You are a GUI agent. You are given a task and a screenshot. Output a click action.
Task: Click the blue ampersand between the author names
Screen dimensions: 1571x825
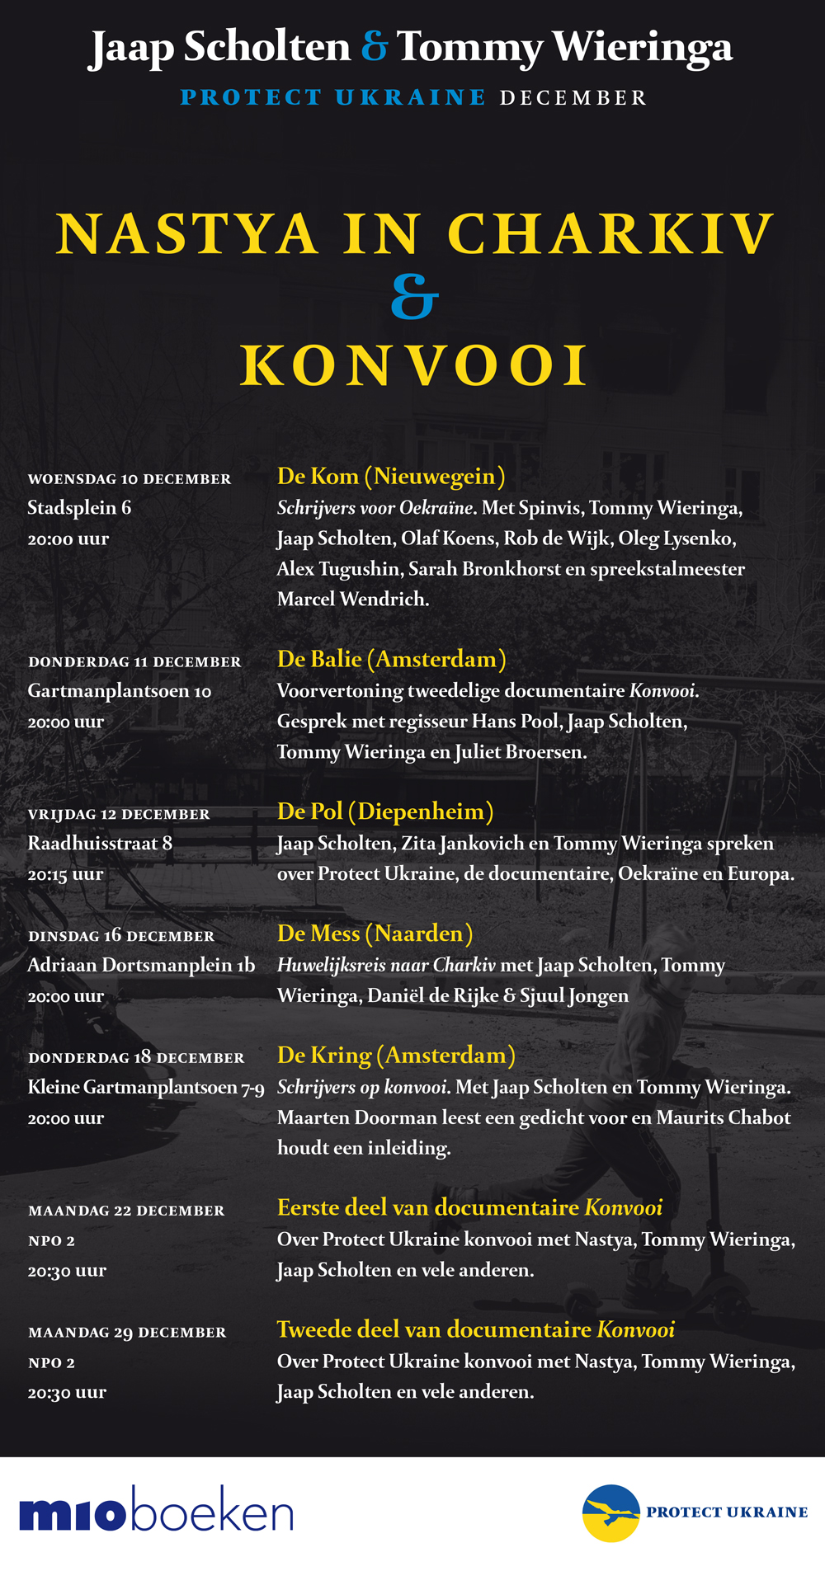[x=375, y=47]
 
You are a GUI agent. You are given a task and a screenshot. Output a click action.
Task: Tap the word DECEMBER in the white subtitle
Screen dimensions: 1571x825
[x=573, y=98]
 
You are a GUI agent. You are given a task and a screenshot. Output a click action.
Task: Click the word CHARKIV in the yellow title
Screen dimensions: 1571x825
[x=610, y=234]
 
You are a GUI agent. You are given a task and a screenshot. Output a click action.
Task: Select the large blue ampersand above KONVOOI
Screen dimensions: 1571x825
[x=414, y=298]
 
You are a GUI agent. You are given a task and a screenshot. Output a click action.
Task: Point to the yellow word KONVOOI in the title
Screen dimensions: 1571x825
[x=414, y=365]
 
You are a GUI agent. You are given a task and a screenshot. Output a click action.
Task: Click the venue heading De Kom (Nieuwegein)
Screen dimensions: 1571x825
[x=391, y=476]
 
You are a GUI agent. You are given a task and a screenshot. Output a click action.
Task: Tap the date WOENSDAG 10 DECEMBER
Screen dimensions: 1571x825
[x=130, y=479]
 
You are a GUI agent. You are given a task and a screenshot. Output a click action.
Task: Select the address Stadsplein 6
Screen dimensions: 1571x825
[x=79, y=508]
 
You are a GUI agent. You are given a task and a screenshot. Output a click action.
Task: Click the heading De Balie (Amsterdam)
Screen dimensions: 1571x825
[x=391, y=659]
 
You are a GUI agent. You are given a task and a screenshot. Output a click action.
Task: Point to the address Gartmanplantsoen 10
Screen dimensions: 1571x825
[x=120, y=691]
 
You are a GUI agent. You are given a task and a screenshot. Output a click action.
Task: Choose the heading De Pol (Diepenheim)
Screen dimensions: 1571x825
[x=385, y=811]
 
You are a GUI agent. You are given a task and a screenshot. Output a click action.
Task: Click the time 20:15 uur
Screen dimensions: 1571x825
[x=65, y=874]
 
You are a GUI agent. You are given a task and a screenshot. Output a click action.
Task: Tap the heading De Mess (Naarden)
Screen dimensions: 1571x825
[x=375, y=934]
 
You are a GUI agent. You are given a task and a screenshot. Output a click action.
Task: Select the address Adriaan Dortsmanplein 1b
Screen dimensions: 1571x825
[x=141, y=965]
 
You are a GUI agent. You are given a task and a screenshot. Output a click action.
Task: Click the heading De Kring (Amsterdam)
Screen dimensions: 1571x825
[x=396, y=1056]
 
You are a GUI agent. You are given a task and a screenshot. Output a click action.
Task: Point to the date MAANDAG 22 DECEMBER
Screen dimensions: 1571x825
[x=126, y=1211]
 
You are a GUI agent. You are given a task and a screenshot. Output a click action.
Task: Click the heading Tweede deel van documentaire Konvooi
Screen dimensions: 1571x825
[x=475, y=1329]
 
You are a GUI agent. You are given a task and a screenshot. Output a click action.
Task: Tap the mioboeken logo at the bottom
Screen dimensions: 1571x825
[x=156, y=1514]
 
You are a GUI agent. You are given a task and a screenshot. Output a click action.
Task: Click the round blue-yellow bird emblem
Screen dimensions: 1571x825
[x=610, y=1512]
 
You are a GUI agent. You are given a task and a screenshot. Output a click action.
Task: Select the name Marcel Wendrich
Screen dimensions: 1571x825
[x=353, y=600]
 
